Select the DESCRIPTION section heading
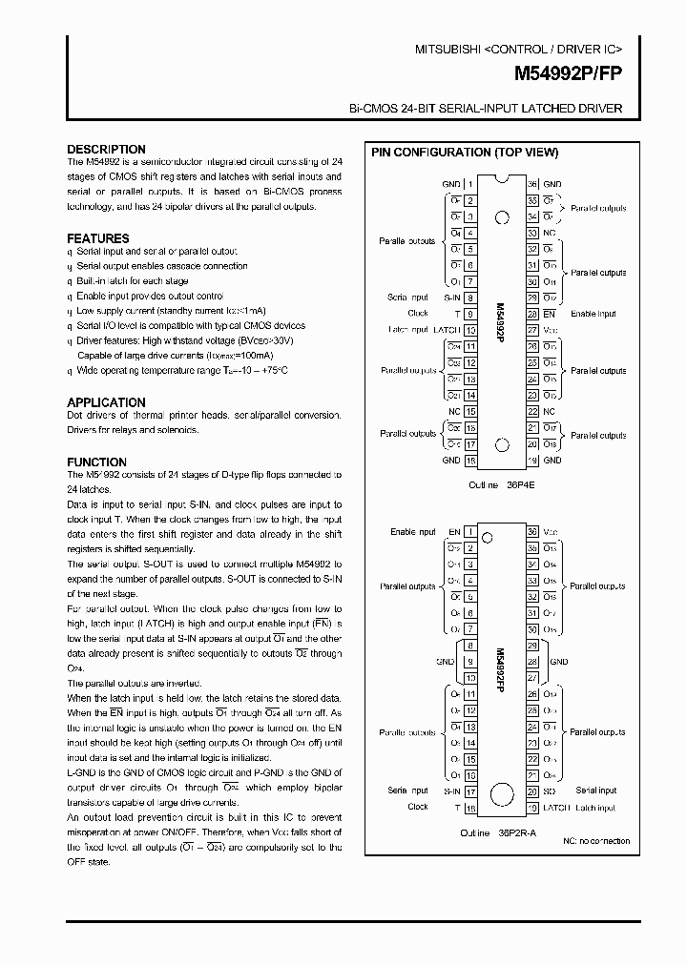(106, 150)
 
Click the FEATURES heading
(97, 238)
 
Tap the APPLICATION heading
(106, 402)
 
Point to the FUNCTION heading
(96, 462)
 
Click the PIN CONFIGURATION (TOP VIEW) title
(465, 153)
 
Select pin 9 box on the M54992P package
(470, 313)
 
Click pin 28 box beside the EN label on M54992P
(532, 313)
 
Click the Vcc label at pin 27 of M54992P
(550, 329)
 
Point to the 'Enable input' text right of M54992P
(593, 314)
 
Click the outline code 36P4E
(517, 484)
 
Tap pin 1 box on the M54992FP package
(470, 532)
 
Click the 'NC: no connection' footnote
(595, 841)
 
